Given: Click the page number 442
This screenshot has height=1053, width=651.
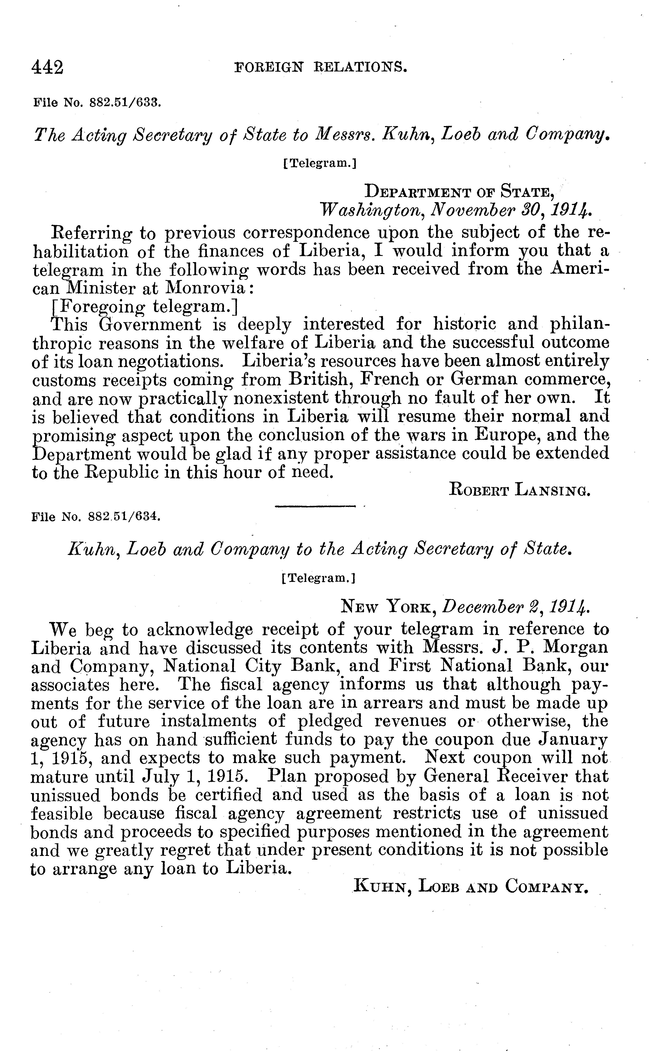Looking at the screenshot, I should pos(47,68).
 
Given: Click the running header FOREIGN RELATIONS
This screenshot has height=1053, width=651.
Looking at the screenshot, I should pos(320,67).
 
